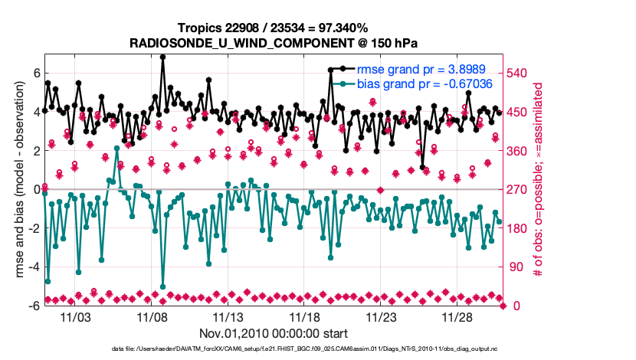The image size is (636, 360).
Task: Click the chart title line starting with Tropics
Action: (274, 28)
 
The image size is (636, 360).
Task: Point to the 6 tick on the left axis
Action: (36, 73)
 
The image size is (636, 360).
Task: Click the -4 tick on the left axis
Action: (34, 267)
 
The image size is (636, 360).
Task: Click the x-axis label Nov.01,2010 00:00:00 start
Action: (274, 333)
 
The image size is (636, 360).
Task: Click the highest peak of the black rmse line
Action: (162, 56)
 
